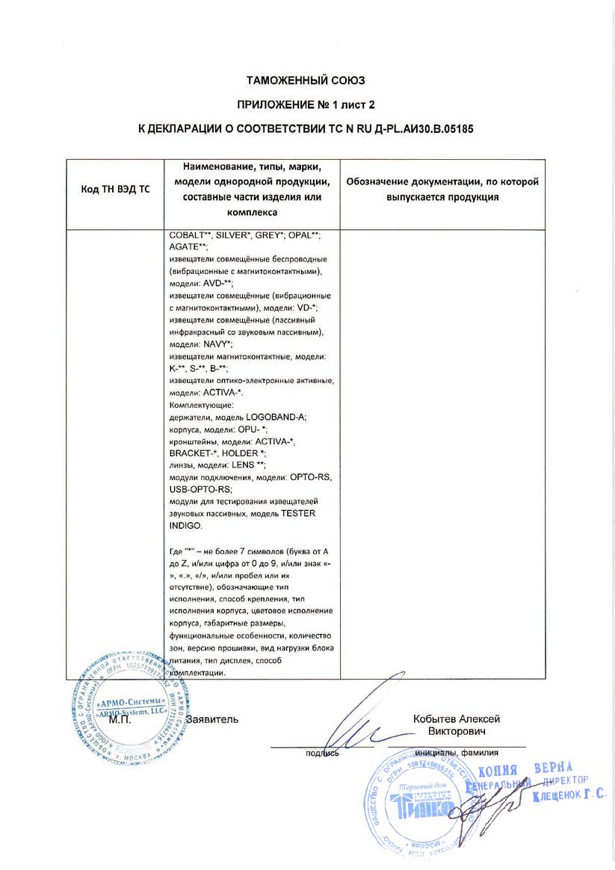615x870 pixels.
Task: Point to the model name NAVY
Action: point(217,344)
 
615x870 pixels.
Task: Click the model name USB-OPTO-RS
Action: point(202,489)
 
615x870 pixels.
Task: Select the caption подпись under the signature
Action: point(322,754)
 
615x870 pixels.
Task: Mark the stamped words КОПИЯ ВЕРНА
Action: point(525,771)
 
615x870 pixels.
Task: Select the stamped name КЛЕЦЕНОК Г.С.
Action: point(569,798)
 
